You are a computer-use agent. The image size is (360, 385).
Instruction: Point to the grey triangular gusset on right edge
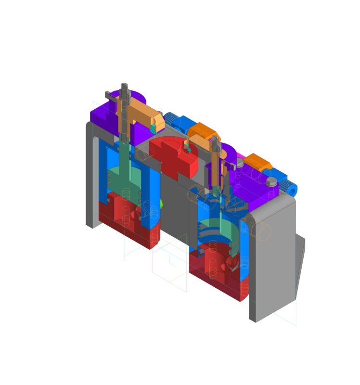click(x=300, y=260)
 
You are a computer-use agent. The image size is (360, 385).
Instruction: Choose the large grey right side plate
click(x=272, y=260)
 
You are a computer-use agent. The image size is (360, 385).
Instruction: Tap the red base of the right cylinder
click(x=217, y=274)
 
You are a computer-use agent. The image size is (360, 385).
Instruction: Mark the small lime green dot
click(x=162, y=204)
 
